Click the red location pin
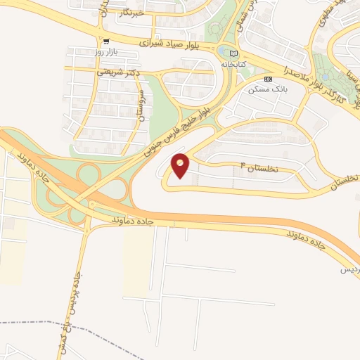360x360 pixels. tap(181, 165)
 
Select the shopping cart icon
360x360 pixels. tap(105, 42)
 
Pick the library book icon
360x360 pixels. tap(234, 53)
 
